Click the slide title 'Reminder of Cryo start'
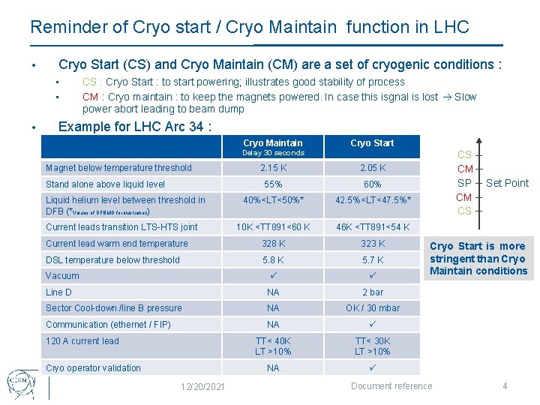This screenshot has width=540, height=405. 249,28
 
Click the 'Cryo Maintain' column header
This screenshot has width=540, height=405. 273,143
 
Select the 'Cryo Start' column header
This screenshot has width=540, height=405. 372,143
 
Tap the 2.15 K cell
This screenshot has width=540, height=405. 273,168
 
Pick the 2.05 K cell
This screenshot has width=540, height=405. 372,168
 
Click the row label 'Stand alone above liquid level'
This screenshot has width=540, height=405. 106,184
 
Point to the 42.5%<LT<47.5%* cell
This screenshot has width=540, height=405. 373,200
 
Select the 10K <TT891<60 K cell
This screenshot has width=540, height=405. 273,227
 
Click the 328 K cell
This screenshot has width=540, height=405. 273,244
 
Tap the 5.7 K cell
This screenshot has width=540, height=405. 372,260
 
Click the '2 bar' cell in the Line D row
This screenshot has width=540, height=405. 372,292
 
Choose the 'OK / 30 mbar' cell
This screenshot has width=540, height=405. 372,308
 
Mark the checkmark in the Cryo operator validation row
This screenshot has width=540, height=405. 372,368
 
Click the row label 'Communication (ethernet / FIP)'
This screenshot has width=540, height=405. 108,325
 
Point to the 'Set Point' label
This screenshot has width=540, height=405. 507,183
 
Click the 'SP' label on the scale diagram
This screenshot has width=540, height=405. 464,183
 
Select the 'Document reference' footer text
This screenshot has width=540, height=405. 391,386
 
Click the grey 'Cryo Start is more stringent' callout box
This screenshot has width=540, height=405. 478,259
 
